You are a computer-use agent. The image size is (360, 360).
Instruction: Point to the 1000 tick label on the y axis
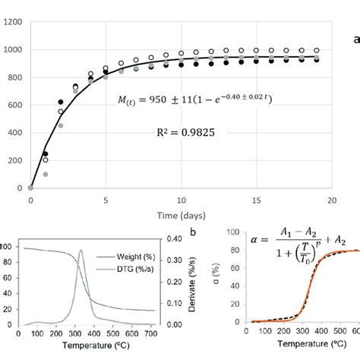click(x=13, y=50)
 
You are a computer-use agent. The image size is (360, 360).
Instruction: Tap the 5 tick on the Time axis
click(x=106, y=198)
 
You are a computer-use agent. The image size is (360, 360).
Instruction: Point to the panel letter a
click(x=355, y=39)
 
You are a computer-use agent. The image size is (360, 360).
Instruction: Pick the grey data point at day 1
click(x=46, y=174)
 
